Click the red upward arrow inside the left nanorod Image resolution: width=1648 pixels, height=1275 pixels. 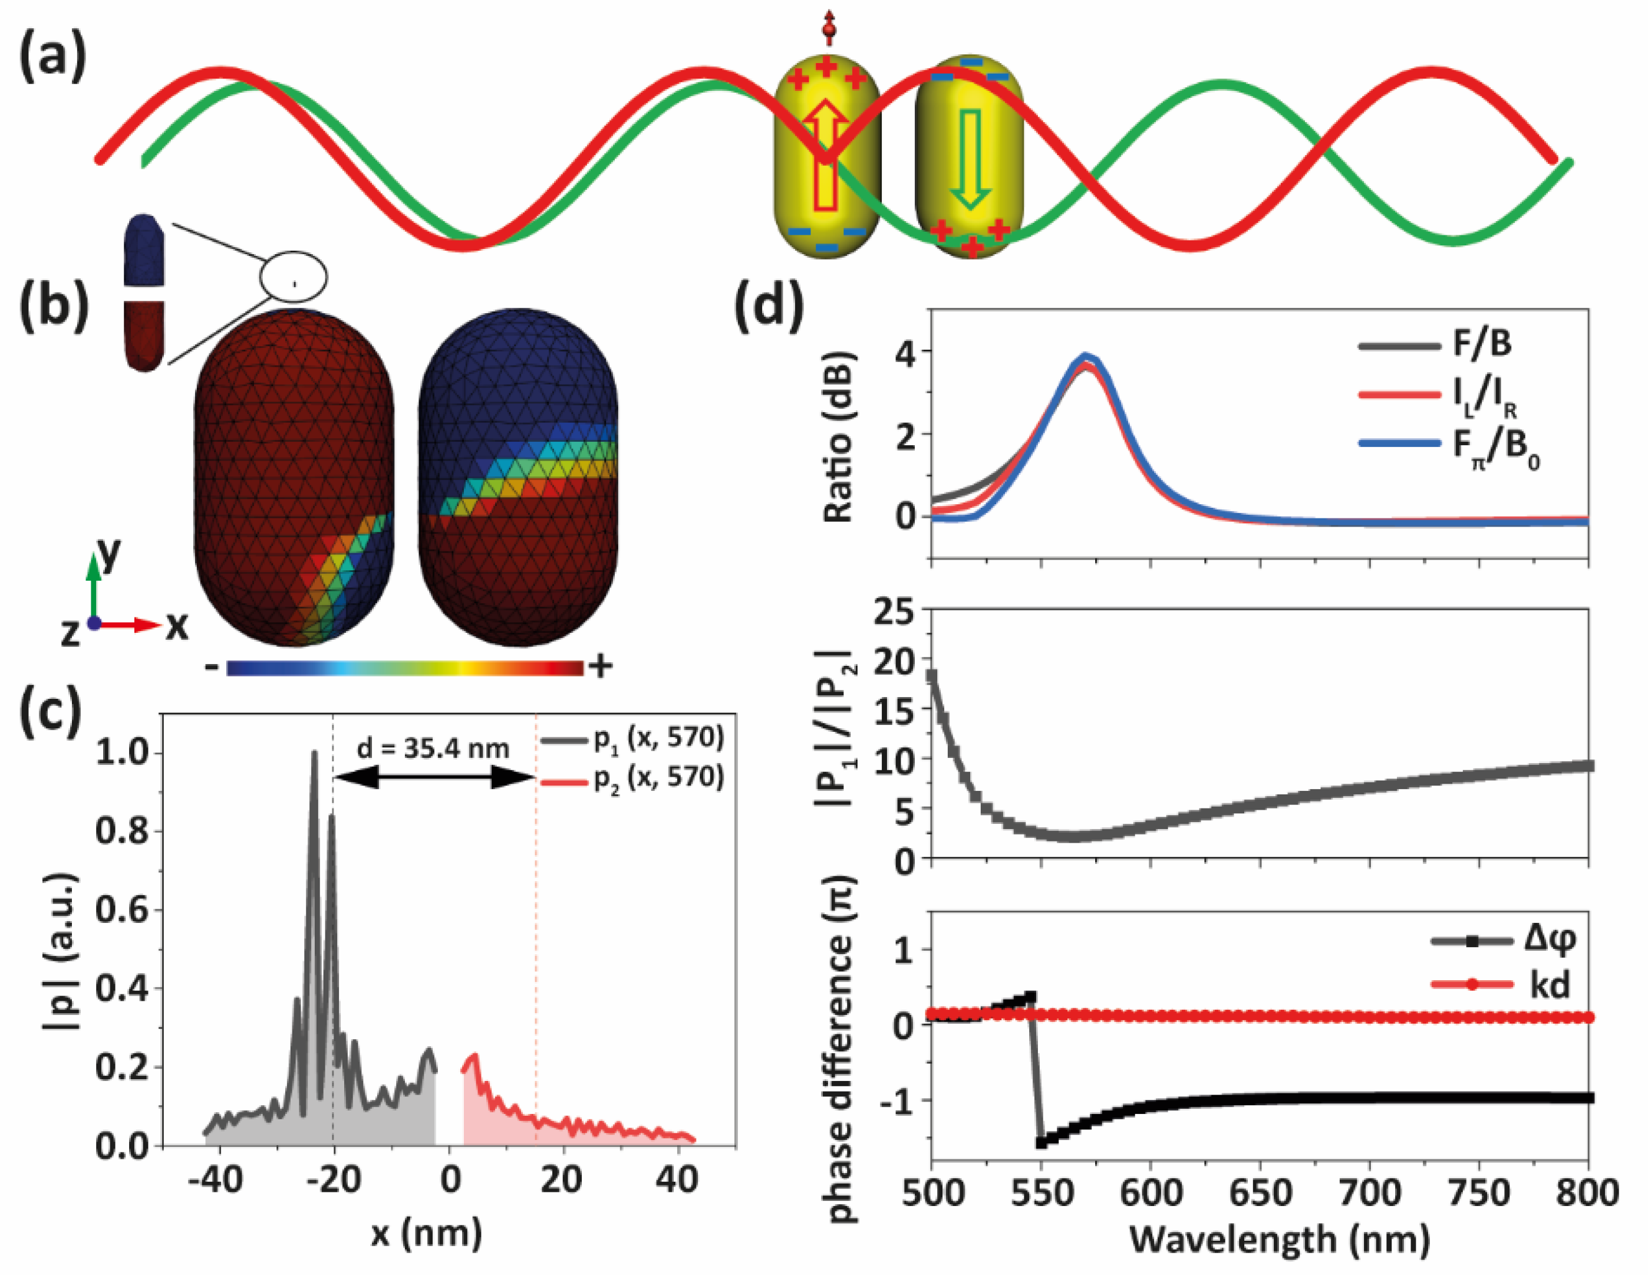point(826,155)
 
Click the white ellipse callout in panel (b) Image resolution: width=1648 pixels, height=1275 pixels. point(294,276)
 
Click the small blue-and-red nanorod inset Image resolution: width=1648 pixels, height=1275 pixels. point(143,293)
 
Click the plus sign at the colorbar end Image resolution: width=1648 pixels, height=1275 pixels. point(601,666)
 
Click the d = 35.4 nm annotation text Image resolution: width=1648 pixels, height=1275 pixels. point(433,748)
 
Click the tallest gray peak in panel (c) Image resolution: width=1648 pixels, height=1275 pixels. point(314,755)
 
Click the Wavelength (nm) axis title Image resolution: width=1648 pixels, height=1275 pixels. point(1278,1239)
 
